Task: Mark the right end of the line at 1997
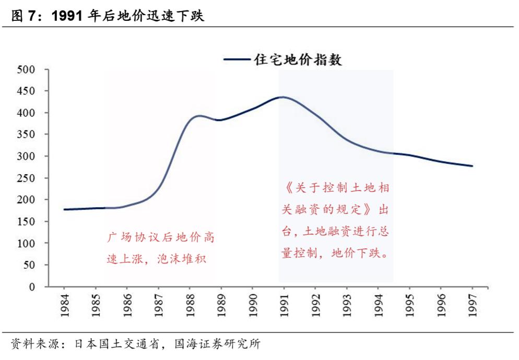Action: point(472,166)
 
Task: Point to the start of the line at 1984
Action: point(64,209)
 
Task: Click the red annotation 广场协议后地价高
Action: point(161,238)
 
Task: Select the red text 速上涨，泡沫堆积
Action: point(157,259)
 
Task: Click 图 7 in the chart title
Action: point(25,16)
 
